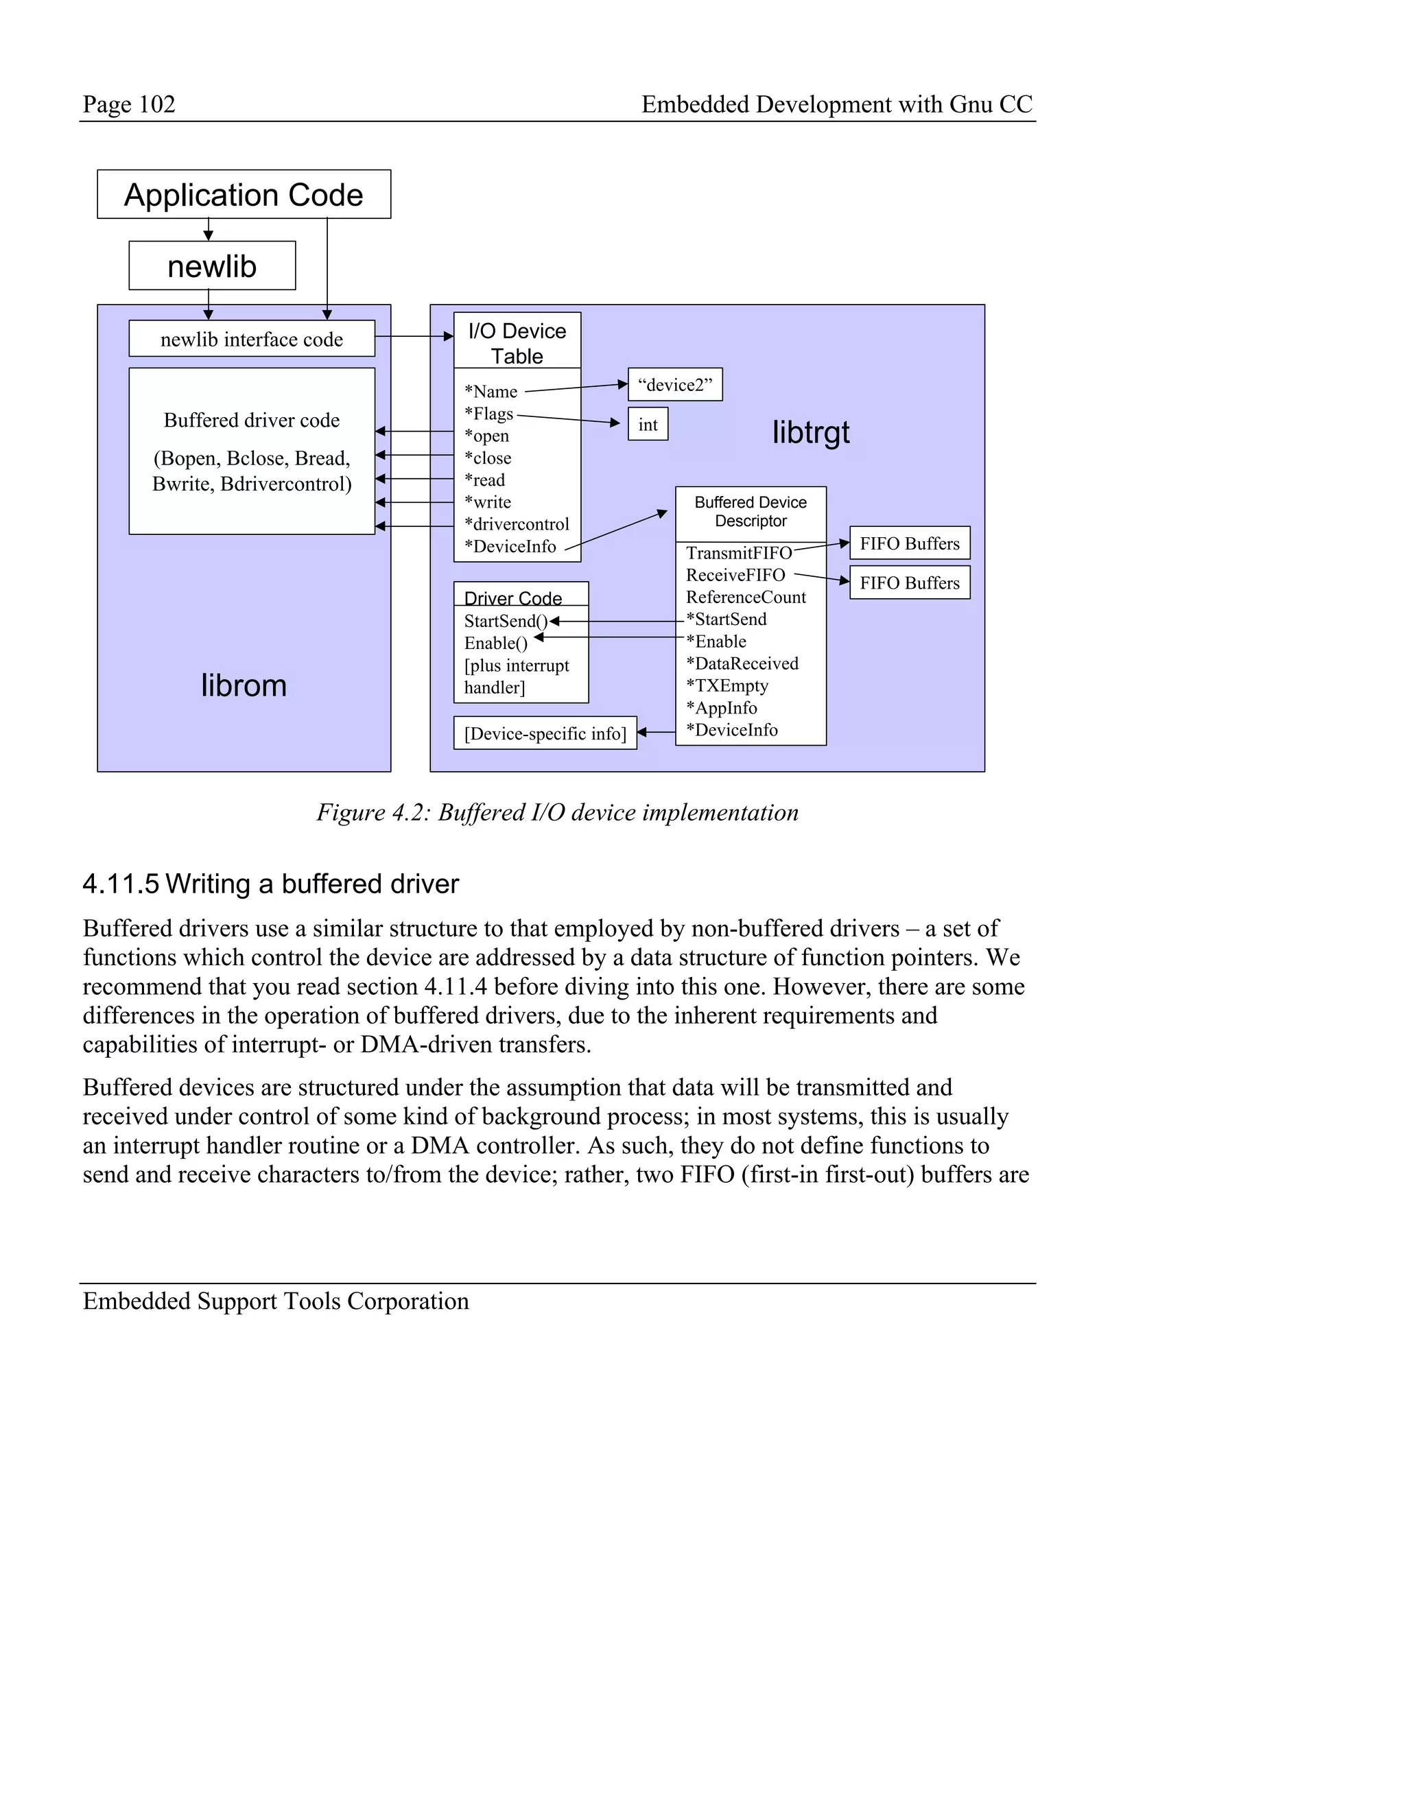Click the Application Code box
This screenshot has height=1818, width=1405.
243,195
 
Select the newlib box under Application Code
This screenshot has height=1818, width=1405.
211,266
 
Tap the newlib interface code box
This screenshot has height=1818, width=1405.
251,339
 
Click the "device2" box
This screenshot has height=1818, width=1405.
674,385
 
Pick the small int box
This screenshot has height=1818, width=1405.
648,425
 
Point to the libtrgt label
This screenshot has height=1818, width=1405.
811,432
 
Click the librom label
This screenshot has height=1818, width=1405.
244,685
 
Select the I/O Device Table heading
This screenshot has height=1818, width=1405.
517,342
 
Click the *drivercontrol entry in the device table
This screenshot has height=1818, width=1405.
516,524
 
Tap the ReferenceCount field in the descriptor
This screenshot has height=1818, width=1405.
746,597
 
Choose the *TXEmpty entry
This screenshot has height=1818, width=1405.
727,686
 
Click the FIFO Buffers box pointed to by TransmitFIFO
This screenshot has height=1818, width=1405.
909,543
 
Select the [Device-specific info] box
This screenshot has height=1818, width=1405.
545,733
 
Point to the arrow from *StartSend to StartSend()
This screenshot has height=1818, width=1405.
616,621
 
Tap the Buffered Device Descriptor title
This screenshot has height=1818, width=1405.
750,511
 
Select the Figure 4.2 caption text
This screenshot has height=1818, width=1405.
557,812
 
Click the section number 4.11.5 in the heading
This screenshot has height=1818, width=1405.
120,884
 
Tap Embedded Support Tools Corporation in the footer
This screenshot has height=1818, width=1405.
276,1301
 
